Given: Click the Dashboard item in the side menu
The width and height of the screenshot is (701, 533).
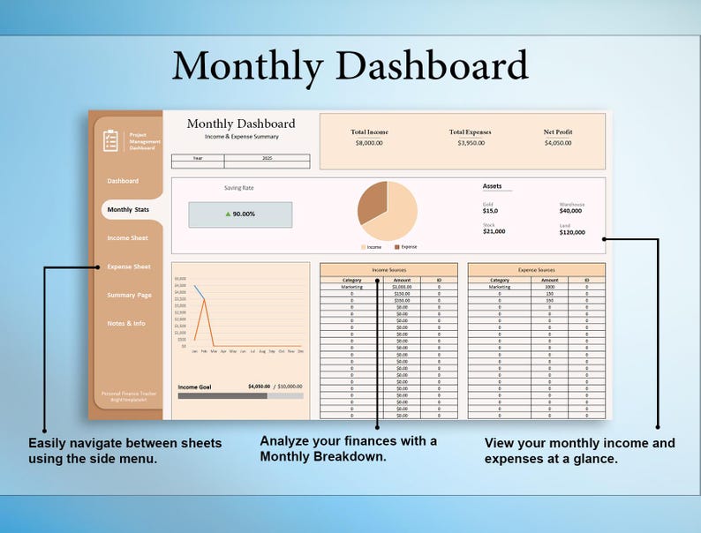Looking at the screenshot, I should (x=123, y=181).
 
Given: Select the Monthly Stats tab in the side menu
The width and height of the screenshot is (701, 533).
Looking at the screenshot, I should (x=128, y=210).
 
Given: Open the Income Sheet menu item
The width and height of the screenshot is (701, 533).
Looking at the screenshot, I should (x=128, y=238).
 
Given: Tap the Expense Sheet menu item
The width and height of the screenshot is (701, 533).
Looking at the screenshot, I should (x=129, y=266).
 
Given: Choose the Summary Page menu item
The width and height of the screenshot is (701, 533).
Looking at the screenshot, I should (x=129, y=295).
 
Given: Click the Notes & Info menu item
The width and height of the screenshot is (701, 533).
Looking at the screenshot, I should (x=126, y=324).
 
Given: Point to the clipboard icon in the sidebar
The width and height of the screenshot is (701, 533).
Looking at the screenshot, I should (x=110, y=140).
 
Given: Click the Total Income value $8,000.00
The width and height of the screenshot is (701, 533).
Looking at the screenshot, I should (x=369, y=143).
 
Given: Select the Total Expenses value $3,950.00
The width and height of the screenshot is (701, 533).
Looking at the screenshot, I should (x=470, y=143).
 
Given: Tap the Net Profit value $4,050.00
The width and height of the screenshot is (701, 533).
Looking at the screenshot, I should (x=558, y=143).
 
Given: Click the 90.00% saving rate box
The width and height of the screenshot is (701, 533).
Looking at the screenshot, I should (x=240, y=214).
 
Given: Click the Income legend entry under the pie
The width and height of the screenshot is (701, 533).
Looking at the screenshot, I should (x=372, y=247).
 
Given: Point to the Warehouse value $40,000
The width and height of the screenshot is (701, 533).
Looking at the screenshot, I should (x=570, y=211).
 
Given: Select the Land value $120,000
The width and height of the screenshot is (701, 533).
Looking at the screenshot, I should (x=572, y=232).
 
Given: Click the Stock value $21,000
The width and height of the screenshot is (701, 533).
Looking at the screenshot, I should (x=494, y=232).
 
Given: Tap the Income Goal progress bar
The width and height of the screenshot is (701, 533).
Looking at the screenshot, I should (x=240, y=396).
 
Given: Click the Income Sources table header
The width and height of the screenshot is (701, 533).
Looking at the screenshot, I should (x=388, y=270).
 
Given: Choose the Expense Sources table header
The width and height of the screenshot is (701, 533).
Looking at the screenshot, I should (x=536, y=270).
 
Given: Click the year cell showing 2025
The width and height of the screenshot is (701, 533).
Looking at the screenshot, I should (x=267, y=158).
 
